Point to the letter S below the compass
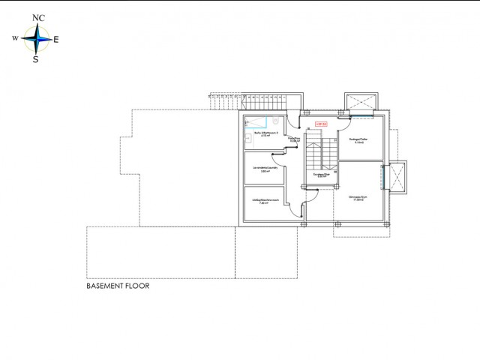[x=35, y=60]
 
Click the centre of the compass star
[x=36, y=39]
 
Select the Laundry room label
[x=265, y=169]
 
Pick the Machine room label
[x=265, y=202]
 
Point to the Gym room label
[x=356, y=197]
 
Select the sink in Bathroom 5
[x=249, y=139]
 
